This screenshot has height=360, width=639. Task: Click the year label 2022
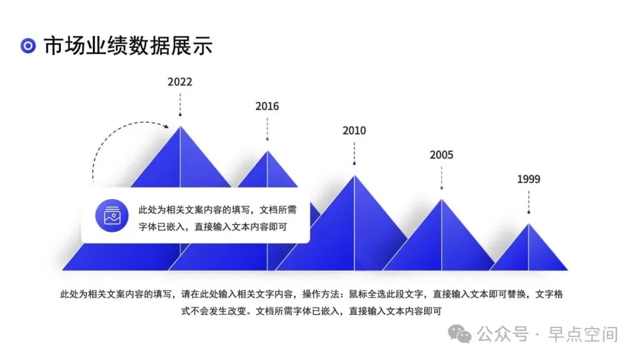click(180, 82)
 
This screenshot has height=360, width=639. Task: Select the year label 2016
click(267, 107)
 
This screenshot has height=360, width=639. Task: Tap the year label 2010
click(354, 131)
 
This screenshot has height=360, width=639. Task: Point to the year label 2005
click(441, 155)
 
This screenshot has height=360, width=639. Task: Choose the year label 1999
click(528, 179)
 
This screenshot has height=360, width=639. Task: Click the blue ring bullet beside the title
click(28, 46)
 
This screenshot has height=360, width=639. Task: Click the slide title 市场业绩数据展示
click(128, 45)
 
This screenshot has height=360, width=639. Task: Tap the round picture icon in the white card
click(112, 216)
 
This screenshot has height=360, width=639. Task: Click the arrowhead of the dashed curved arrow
click(166, 126)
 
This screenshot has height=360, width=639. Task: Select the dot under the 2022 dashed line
click(180, 115)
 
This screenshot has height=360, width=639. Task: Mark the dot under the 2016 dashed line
click(267, 139)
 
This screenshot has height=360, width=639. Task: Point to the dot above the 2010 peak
click(354, 163)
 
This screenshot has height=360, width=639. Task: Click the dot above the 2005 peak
click(441, 188)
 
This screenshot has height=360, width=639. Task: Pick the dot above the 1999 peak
click(528, 213)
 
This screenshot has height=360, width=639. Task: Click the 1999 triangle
click(528, 253)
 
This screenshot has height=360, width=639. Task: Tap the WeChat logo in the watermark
click(460, 334)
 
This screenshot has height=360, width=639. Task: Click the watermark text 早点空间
click(583, 335)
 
